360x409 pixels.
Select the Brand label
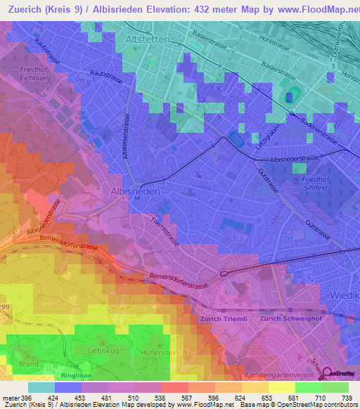pos(28,364)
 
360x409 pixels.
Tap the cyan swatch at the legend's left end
pos(41,387)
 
